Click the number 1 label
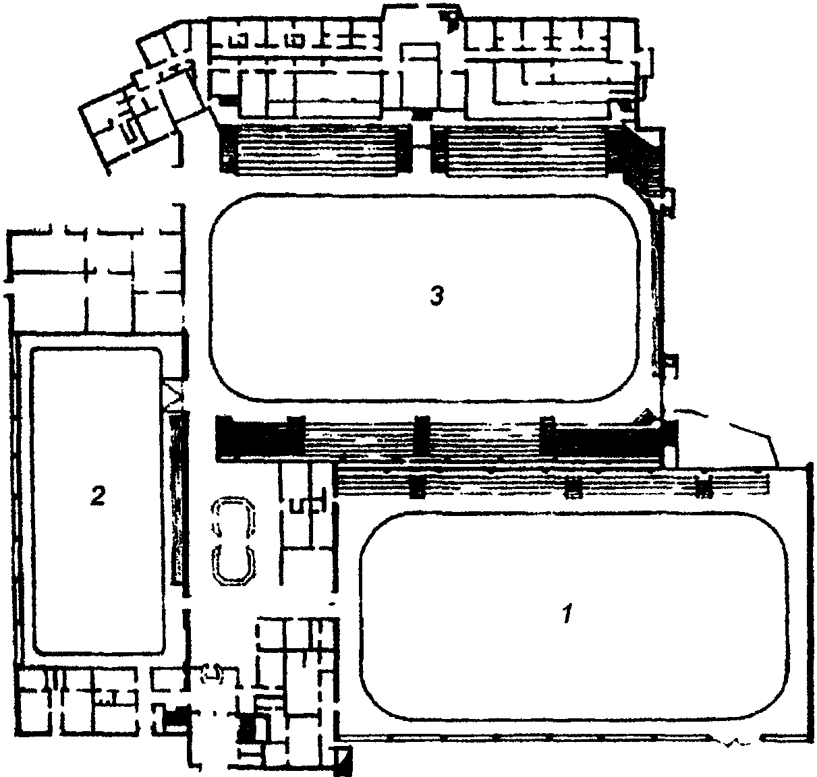pos(568,614)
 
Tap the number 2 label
pos(98,496)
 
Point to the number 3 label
pos(437,295)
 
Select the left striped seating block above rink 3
pos(315,150)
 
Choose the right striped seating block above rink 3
pos(526,150)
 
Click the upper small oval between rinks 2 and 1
pos(233,515)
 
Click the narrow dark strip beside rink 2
pos(177,499)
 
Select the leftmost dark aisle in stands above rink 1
pos(418,486)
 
